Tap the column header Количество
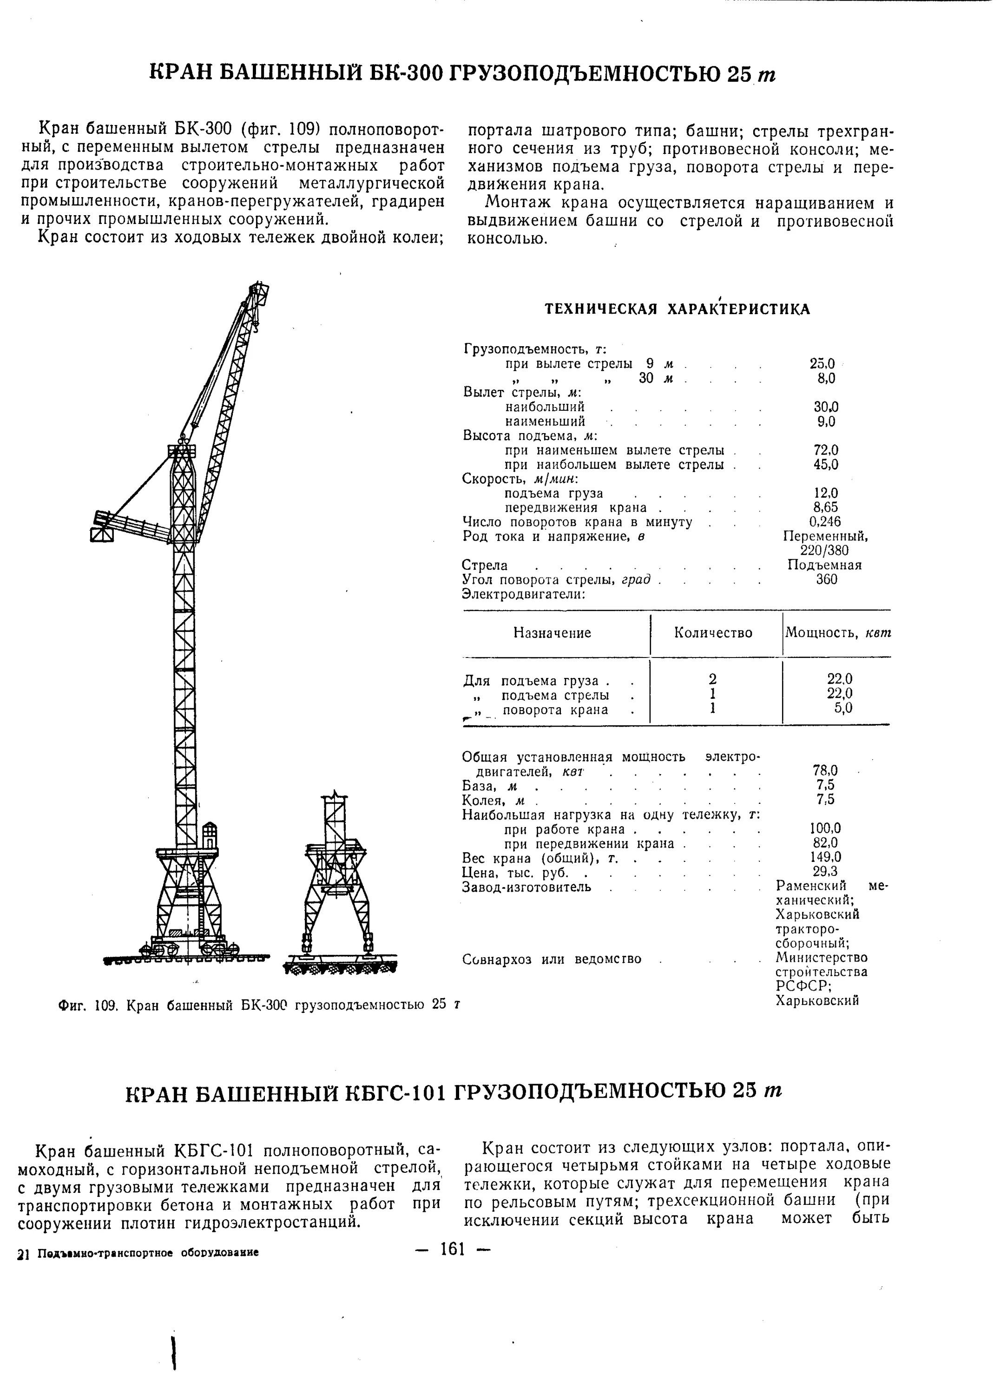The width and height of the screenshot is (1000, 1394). (x=713, y=633)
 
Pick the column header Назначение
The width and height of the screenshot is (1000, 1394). (x=552, y=633)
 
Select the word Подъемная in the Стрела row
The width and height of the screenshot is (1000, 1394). (x=824, y=565)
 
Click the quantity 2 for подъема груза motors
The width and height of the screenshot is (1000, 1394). (x=712, y=679)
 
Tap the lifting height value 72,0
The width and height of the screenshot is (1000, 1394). (x=825, y=451)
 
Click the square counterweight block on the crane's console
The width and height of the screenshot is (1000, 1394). (x=102, y=534)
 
